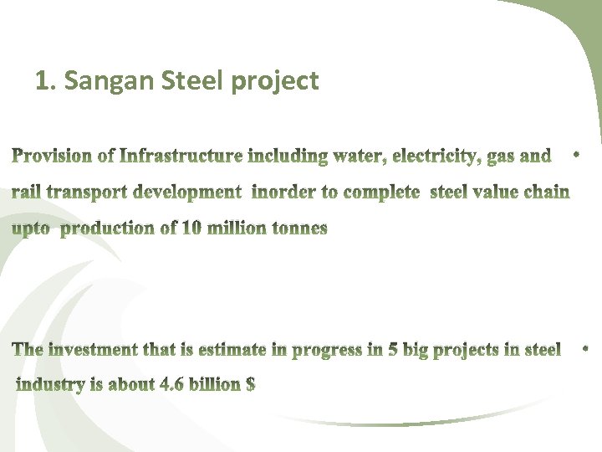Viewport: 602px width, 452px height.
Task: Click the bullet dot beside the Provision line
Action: [577, 154]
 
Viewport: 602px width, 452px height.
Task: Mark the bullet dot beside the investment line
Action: [584, 346]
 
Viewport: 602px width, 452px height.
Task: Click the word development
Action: [187, 193]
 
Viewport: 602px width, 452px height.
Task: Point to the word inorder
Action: [283, 193]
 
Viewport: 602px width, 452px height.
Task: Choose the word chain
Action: [546, 193]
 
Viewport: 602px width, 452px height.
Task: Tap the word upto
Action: [30, 229]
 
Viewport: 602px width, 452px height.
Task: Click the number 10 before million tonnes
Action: [191, 229]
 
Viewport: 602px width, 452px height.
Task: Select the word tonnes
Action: [299, 229]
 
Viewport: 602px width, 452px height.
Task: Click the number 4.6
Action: [172, 385]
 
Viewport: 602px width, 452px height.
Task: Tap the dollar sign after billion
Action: [249, 385]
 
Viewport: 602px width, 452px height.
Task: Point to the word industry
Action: [49, 385]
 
